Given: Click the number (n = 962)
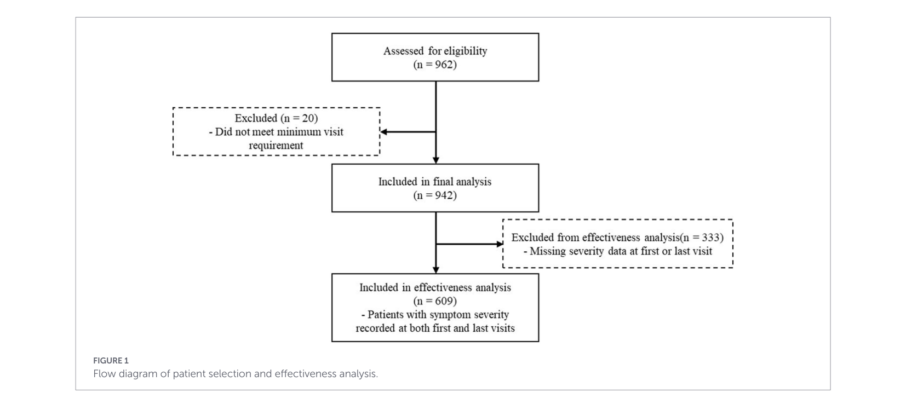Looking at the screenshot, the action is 435,65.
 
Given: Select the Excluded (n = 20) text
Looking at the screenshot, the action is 276,118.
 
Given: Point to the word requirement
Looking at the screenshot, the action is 276,146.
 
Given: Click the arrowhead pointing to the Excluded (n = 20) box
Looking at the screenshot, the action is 384,132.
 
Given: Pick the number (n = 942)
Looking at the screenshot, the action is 435,195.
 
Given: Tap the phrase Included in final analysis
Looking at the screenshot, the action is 435,182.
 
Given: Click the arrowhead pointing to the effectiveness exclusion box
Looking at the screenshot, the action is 500,244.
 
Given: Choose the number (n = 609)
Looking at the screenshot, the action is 435,301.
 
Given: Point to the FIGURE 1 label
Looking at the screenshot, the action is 111,361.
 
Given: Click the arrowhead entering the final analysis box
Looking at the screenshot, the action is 435,160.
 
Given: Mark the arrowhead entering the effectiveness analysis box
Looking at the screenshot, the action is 435,270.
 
